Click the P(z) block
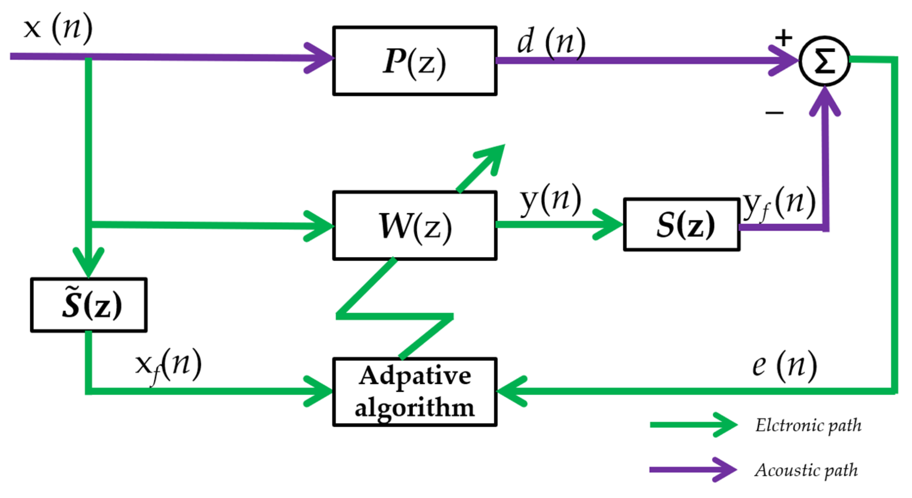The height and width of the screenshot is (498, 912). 414,61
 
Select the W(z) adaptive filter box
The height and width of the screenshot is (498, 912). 414,225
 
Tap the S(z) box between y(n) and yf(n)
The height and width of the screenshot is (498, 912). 681,225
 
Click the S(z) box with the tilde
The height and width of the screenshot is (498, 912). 89,304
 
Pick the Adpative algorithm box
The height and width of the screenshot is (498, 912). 414,392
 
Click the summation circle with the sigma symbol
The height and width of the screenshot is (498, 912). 824,61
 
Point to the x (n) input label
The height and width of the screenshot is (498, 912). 58,28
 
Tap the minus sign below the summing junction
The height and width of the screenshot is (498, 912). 774,112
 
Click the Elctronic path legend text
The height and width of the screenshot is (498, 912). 808,425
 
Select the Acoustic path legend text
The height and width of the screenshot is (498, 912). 806,470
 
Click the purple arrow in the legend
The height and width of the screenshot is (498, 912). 693,469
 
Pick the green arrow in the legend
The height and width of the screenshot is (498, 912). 693,425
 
